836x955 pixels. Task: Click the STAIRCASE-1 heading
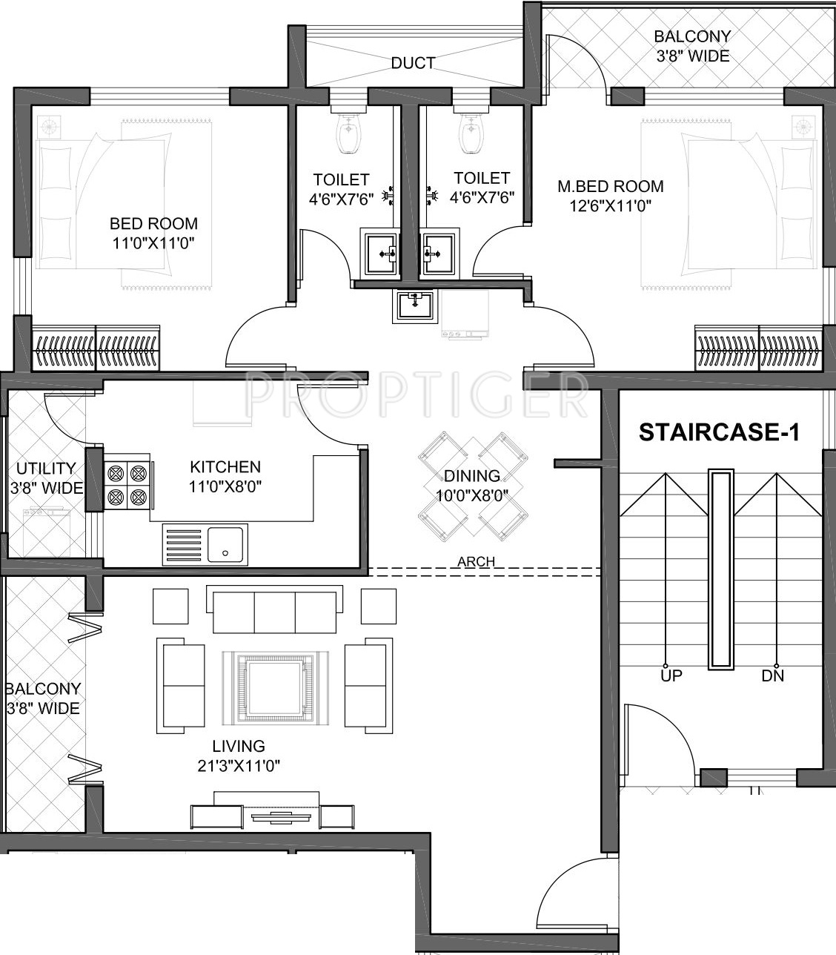(719, 432)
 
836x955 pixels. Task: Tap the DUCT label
(414, 63)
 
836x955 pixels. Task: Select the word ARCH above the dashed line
(476, 561)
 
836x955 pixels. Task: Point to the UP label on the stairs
(671, 675)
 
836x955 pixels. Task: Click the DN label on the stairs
(772, 675)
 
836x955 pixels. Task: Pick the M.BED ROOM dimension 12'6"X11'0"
(610, 205)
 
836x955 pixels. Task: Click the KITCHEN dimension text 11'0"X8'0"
(225, 487)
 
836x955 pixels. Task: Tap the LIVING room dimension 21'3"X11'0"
(239, 766)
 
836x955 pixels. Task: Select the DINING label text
(472, 475)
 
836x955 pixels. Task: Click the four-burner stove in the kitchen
(127, 486)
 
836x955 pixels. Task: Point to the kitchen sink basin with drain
(225, 545)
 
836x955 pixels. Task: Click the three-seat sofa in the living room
(274, 609)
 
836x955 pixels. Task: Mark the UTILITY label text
(46, 468)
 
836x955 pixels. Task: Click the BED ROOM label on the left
(153, 224)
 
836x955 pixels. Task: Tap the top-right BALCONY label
(692, 36)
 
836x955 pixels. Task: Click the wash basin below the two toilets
(415, 306)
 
